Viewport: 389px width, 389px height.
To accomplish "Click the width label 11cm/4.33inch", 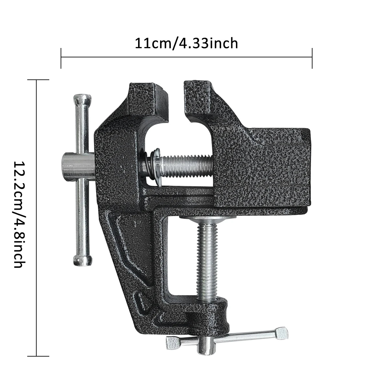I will (186, 43).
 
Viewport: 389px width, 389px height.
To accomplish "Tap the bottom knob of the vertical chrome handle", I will (82, 260).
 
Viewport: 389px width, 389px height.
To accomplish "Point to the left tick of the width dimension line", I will (61, 58).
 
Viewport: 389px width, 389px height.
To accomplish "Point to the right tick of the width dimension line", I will (312, 58).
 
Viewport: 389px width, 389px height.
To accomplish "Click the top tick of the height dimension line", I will (37, 80).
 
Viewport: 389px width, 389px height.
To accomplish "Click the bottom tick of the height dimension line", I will (37, 356).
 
